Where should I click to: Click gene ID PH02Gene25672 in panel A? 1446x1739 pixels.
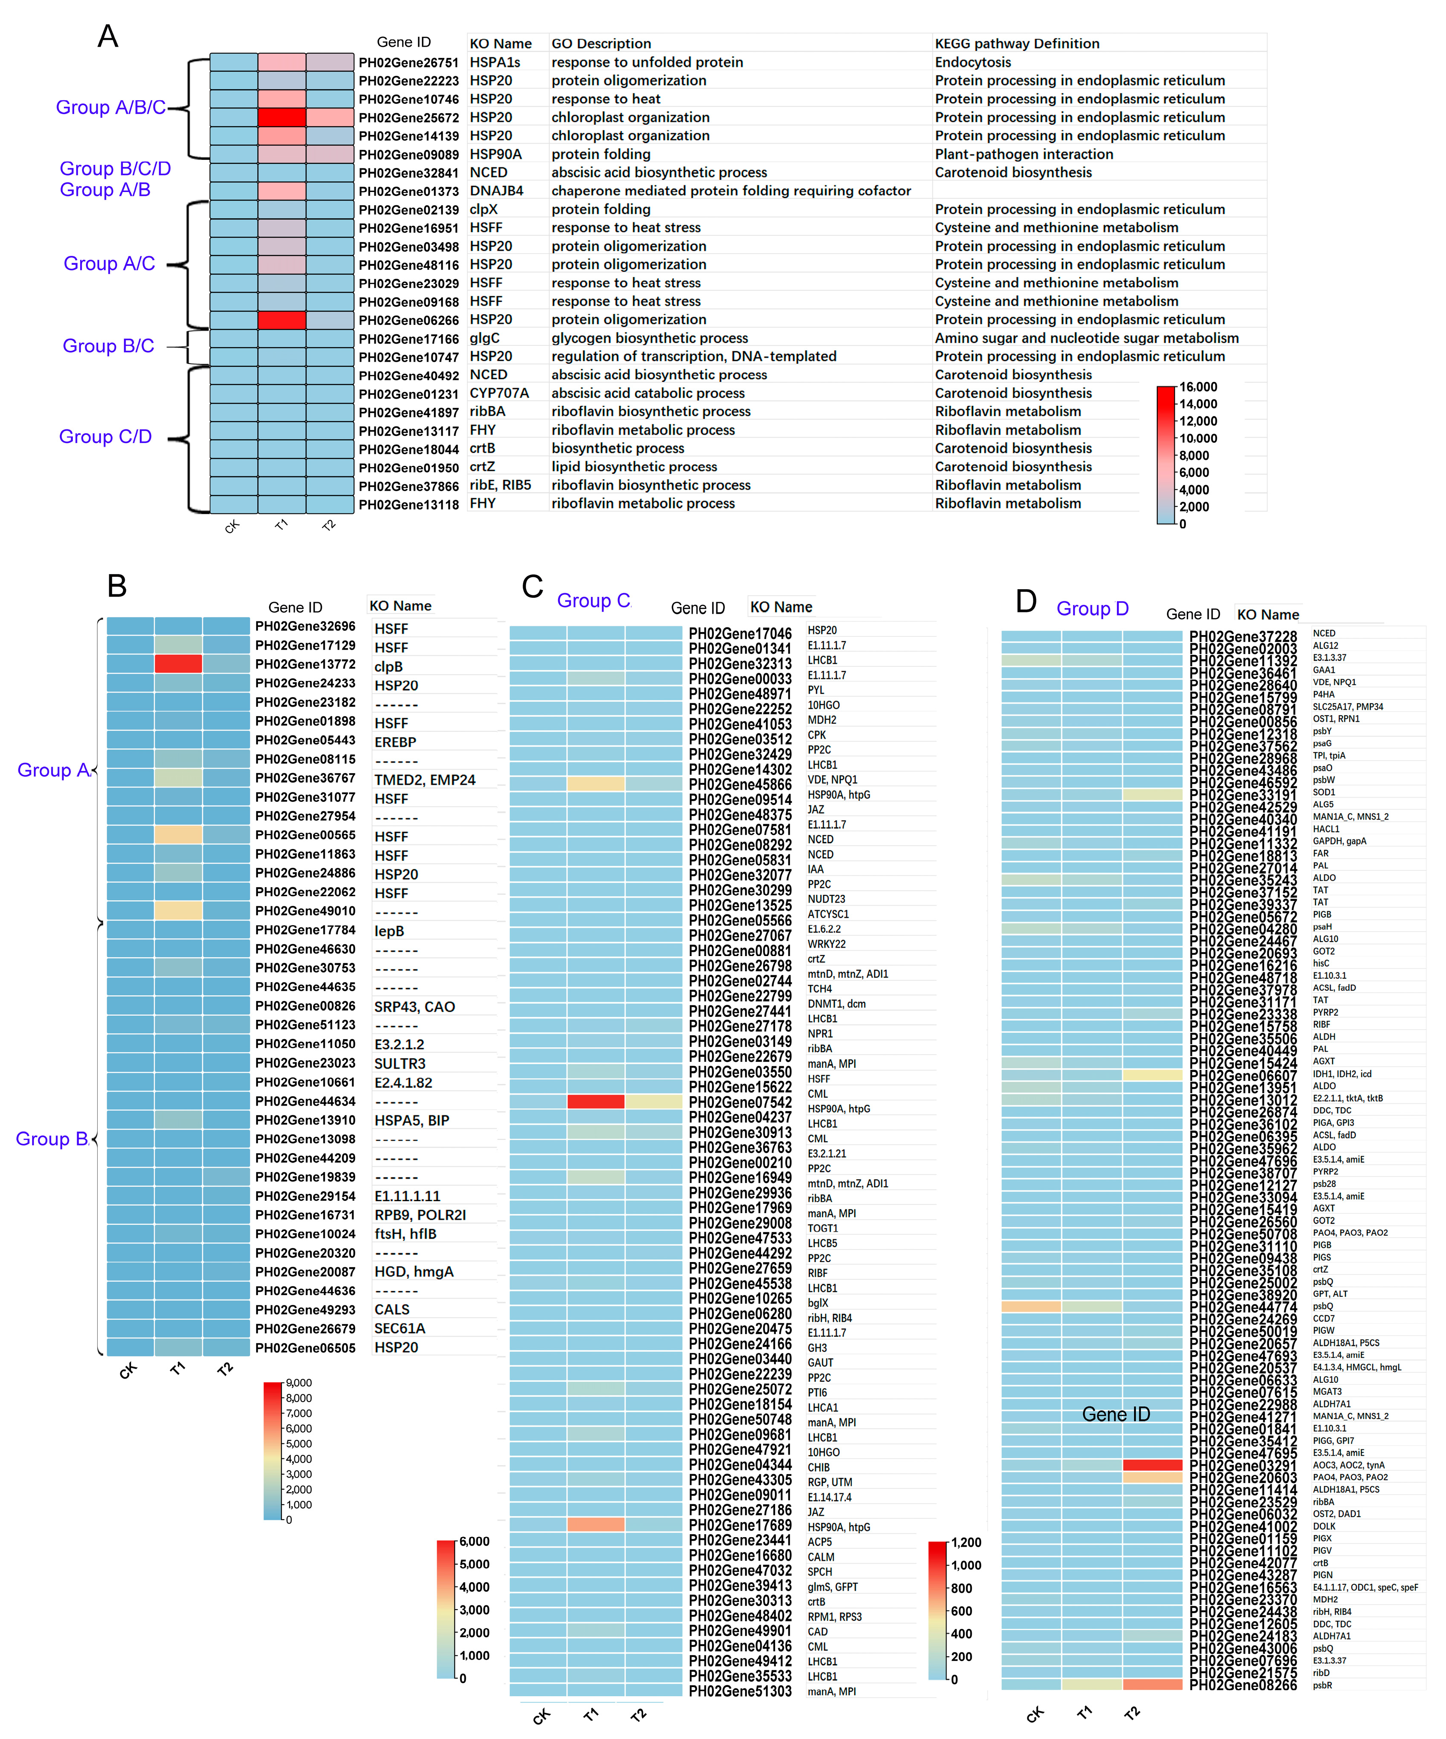pyautogui.click(x=408, y=117)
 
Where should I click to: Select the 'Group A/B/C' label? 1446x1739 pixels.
pyautogui.click(x=110, y=108)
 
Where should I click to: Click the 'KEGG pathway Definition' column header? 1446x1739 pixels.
pyautogui.click(x=1016, y=43)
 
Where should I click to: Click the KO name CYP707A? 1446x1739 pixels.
pyautogui.click(x=499, y=393)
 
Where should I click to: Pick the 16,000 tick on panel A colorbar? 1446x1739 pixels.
pyautogui.click(x=1197, y=387)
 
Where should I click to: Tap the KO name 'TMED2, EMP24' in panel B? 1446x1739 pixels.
pyautogui.click(x=425, y=779)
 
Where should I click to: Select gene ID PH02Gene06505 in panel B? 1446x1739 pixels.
pyautogui.click(x=305, y=1347)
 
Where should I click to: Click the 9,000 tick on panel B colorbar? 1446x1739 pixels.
pyautogui.click(x=299, y=1382)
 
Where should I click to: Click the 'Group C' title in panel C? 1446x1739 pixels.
pyautogui.click(x=593, y=600)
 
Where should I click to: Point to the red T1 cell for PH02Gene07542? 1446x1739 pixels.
pyautogui.click(x=595, y=1101)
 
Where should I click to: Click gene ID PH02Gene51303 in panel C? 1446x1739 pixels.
pyautogui.click(x=740, y=1691)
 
